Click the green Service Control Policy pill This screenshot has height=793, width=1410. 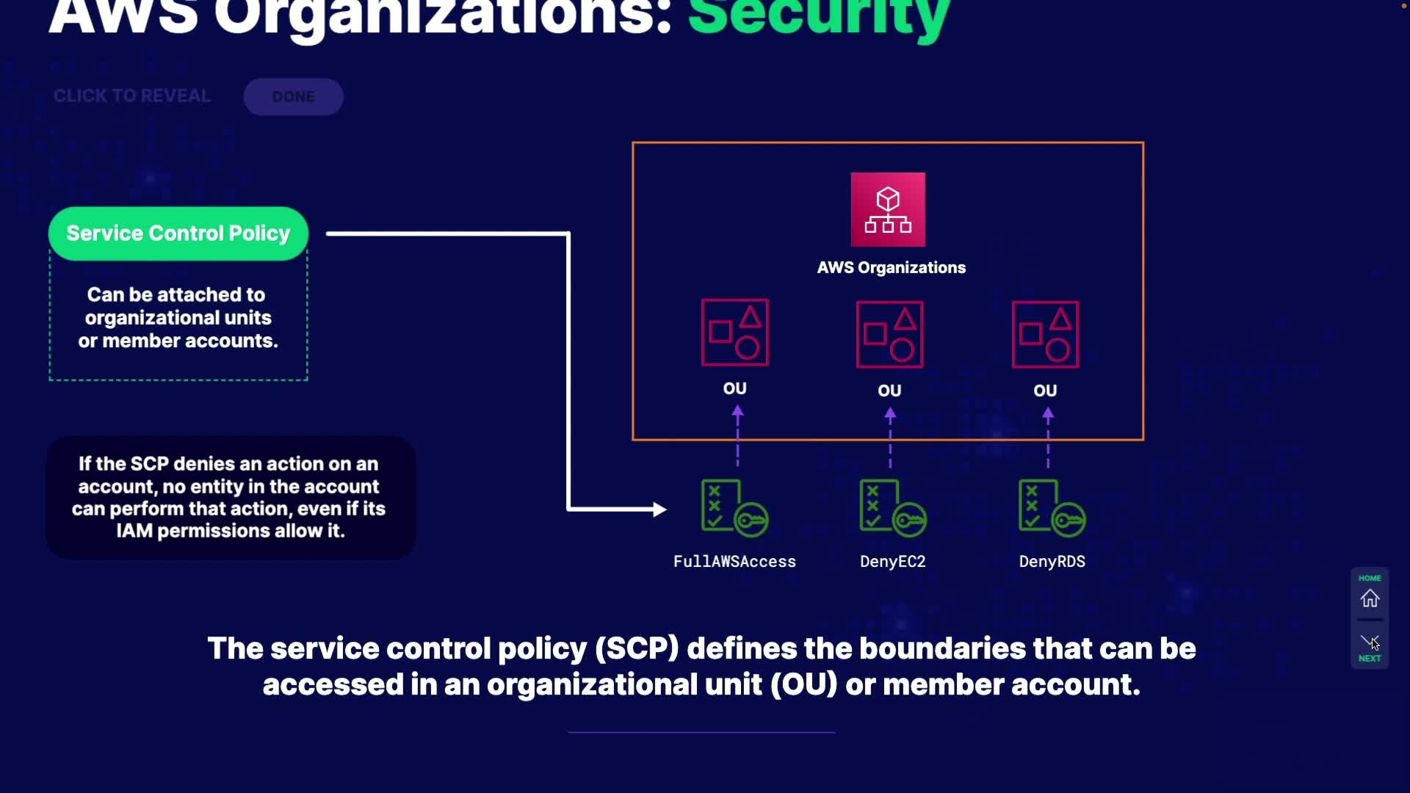(178, 233)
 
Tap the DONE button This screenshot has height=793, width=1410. (293, 97)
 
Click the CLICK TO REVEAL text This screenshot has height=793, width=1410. (132, 96)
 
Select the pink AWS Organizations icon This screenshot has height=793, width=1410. (888, 210)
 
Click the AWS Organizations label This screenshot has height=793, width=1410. (891, 268)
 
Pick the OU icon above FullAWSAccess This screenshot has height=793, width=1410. (734, 333)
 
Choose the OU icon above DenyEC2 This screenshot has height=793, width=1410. (889, 335)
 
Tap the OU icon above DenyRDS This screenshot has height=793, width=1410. (1045, 335)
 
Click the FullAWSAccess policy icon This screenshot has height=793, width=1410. (734, 508)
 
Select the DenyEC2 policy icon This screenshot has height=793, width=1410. (892, 508)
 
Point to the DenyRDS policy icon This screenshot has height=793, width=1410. (1051, 508)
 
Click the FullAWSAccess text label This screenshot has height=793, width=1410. (734, 562)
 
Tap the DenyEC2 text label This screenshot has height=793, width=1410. (892, 562)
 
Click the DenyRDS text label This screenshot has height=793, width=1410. (1052, 562)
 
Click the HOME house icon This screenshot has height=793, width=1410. (1370, 598)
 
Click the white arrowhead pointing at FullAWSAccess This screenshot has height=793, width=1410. (659, 509)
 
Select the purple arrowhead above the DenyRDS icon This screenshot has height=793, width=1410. (1048, 414)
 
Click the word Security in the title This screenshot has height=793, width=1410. (819, 16)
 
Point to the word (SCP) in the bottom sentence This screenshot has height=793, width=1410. (637, 649)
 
